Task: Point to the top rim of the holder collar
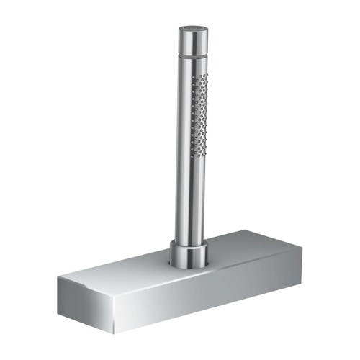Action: tap(190, 243)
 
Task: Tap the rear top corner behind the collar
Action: tap(248, 230)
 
